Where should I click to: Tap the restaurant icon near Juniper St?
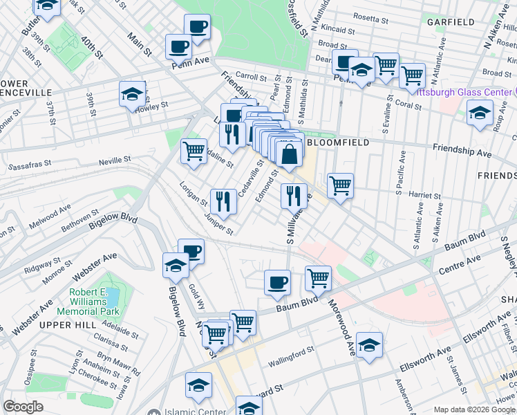[223, 201]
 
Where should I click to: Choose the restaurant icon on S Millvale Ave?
[294, 195]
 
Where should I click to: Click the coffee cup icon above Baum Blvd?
[278, 282]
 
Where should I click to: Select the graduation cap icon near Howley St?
[131, 94]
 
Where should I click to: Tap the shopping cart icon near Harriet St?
[340, 185]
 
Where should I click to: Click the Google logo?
[23, 407]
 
